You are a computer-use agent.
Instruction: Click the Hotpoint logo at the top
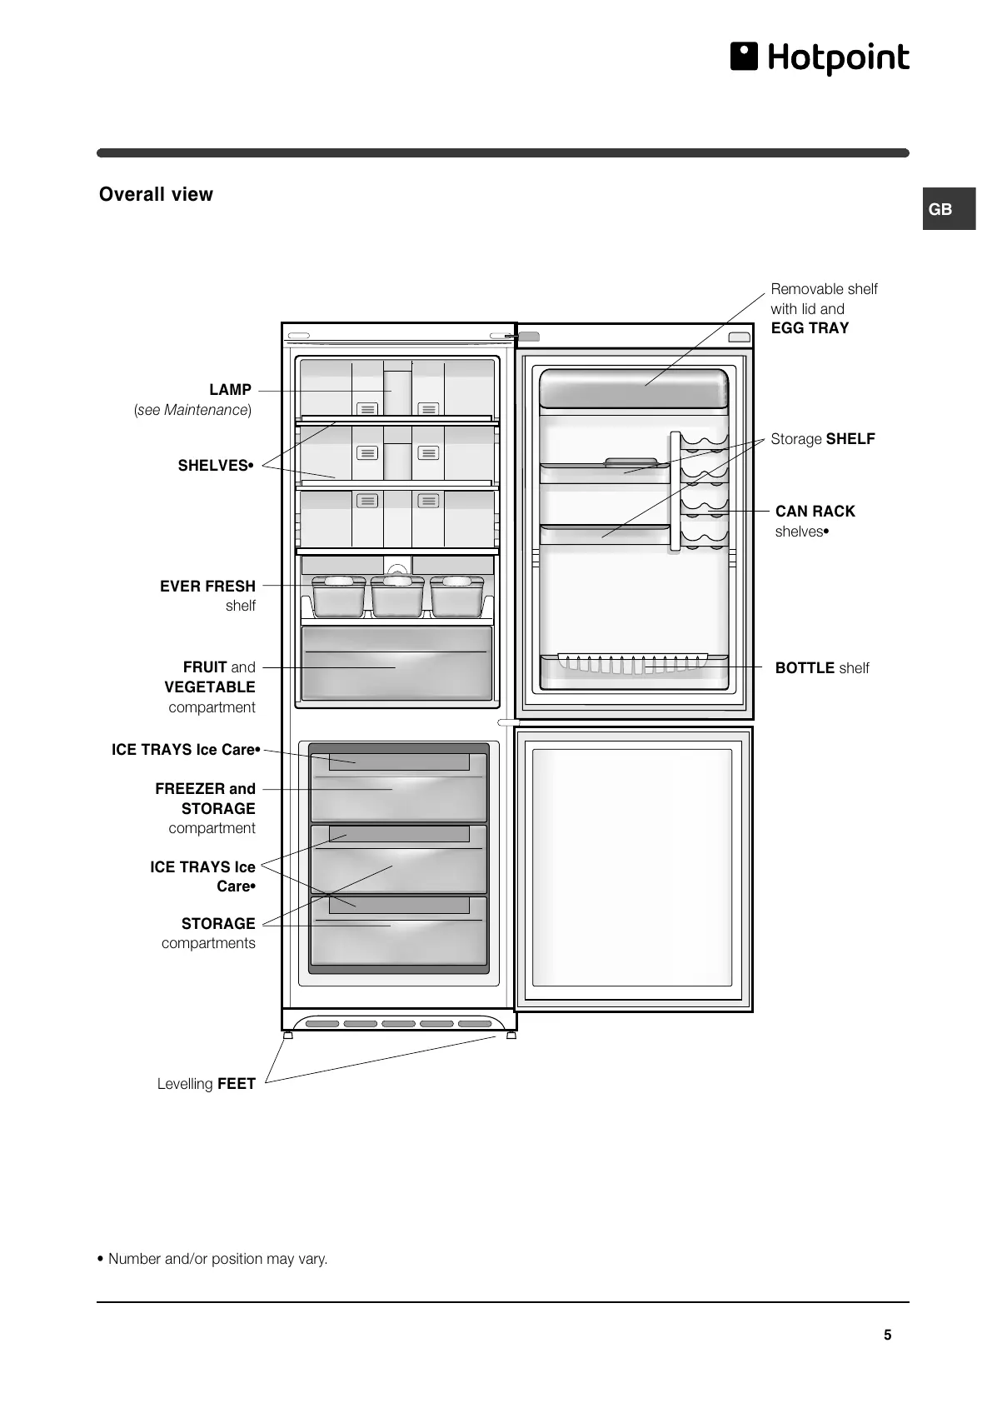coord(820,57)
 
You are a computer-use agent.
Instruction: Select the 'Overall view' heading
coord(156,194)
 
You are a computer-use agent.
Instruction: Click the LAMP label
coord(230,390)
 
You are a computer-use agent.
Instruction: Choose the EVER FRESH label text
coord(207,587)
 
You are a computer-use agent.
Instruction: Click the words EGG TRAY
coord(810,328)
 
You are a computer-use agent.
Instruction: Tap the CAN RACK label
coord(815,512)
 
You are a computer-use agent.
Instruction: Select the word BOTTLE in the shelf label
coord(805,668)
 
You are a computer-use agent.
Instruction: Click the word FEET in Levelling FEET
coord(237,1084)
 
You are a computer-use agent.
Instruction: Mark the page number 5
coord(887,1335)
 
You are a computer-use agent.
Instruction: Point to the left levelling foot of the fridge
coord(288,1036)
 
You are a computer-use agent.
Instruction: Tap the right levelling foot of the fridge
coord(511,1036)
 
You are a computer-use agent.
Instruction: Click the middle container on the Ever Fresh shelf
coord(397,596)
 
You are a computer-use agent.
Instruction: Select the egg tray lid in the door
coord(633,387)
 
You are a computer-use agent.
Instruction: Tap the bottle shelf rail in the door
coord(633,662)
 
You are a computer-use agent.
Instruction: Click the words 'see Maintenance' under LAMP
coord(192,410)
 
